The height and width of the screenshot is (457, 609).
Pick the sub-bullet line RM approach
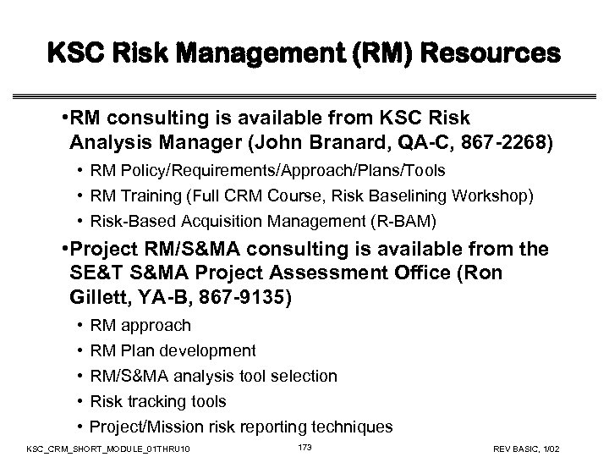point(140,325)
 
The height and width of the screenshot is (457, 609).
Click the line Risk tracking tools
point(157,401)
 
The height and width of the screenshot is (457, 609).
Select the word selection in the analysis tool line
point(304,376)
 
